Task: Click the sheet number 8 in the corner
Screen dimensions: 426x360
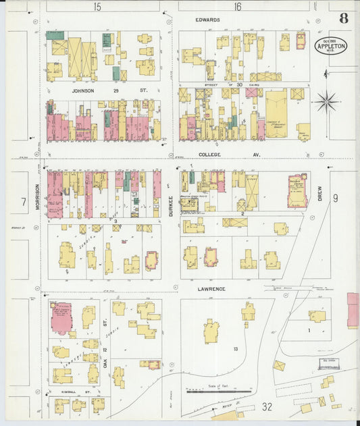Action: point(344,18)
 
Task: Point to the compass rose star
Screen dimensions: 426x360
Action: point(327,103)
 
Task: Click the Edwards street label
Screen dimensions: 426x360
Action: point(207,20)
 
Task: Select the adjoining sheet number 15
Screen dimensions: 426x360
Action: point(98,7)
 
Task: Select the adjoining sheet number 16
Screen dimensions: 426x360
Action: point(237,7)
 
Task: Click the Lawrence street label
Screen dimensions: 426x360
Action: point(213,288)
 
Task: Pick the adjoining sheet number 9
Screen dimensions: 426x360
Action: point(335,198)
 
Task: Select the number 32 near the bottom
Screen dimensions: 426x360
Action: point(267,406)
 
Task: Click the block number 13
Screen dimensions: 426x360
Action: point(235,349)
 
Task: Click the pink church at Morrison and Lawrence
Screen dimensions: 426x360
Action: point(61,317)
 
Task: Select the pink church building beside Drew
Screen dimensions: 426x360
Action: point(297,191)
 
